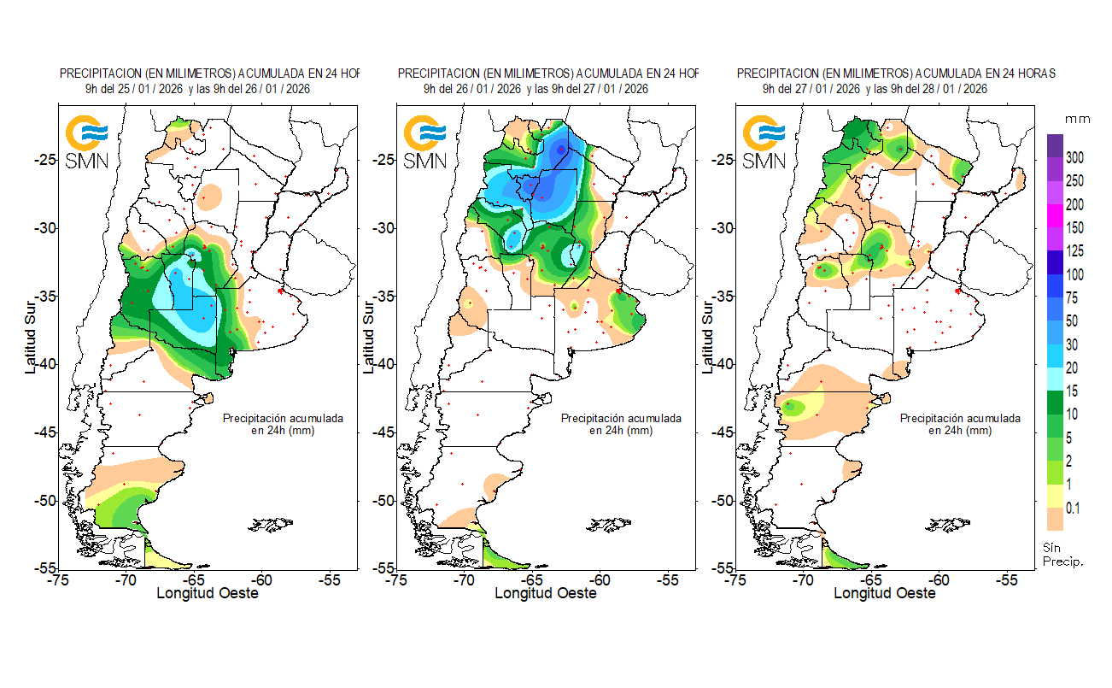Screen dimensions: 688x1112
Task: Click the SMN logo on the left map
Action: point(87,142)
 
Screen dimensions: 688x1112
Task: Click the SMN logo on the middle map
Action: point(424,142)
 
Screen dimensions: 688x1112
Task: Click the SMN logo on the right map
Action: point(764,142)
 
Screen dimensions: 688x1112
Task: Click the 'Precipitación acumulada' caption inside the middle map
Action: point(621,419)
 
